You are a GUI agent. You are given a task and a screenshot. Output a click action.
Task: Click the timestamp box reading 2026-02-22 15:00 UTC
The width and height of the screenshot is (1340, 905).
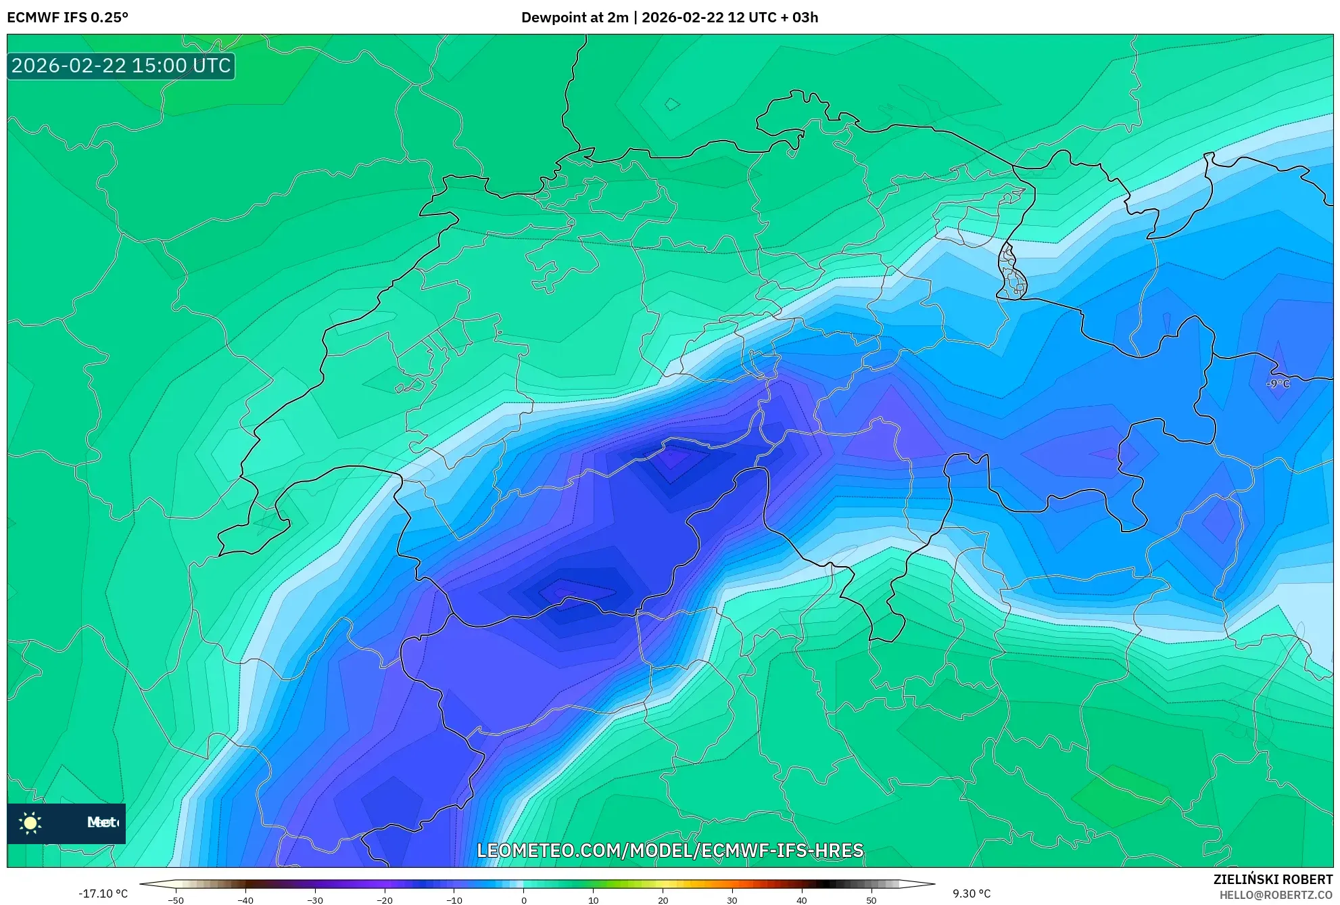[121, 66]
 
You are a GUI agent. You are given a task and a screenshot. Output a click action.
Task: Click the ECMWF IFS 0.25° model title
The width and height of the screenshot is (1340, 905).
[68, 17]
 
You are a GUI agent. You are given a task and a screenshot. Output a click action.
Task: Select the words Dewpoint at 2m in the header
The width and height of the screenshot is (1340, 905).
[575, 17]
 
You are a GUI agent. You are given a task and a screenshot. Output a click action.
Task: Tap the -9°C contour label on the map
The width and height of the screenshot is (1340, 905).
[1278, 384]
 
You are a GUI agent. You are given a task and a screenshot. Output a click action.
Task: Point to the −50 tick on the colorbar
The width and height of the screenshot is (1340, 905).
[176, 900]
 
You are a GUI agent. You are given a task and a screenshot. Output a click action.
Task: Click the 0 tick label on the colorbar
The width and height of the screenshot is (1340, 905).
[523, 900]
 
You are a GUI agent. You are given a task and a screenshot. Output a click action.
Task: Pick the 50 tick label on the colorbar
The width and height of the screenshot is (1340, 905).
[871, 900]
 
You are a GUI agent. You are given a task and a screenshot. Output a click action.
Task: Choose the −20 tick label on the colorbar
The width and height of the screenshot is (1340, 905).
[384, 900]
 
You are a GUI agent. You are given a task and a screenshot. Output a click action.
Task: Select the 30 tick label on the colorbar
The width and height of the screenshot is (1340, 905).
[732, 900]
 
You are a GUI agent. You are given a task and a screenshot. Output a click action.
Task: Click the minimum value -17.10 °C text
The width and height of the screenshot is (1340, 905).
[103, 894]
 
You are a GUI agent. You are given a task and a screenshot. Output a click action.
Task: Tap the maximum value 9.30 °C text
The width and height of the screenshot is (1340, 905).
[972, 894]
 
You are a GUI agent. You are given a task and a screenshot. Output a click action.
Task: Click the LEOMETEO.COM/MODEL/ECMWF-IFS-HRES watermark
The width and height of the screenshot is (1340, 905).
[670, 850]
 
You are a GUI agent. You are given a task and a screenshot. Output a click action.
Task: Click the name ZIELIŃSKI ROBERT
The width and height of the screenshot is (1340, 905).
[1272, 879]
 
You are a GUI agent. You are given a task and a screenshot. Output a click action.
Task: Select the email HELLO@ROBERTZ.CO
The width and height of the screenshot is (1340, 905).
[1275, 895]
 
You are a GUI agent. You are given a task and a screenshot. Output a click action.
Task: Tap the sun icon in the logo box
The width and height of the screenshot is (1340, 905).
[30, 822]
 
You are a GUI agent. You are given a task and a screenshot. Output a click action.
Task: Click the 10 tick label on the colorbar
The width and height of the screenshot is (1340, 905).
[593, 900]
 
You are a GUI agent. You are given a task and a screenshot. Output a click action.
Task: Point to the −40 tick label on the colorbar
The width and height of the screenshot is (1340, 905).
[245, 900]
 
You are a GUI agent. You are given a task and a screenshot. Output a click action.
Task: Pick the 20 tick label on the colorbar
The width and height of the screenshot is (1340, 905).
[663, 900]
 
